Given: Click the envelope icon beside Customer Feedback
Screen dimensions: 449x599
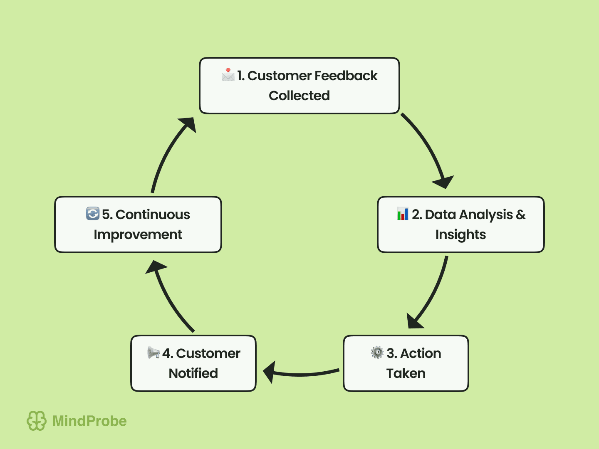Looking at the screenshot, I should point(228,75).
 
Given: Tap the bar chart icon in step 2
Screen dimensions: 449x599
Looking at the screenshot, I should point(402,214).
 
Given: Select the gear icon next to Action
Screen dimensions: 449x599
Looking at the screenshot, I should point(377,353).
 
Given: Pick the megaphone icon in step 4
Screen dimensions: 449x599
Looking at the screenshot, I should point(153,353).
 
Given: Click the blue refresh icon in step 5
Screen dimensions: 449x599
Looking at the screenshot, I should point(93,214).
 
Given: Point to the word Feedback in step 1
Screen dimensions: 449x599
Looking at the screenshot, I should point(346,76).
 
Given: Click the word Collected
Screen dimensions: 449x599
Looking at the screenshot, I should point(299,96).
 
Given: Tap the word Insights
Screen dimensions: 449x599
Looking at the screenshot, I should point(460,234).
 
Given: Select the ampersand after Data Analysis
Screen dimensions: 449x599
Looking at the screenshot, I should point(521,215).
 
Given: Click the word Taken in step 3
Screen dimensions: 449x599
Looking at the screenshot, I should point(406,373).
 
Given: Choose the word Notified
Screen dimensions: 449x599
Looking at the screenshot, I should point(193,373).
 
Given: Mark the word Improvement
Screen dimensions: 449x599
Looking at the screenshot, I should point(138,234).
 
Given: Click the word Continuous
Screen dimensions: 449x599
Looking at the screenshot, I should point(153,215).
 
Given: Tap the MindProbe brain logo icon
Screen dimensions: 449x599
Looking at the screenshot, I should point(37,421).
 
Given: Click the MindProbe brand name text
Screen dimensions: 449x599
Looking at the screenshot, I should point(89,421).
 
